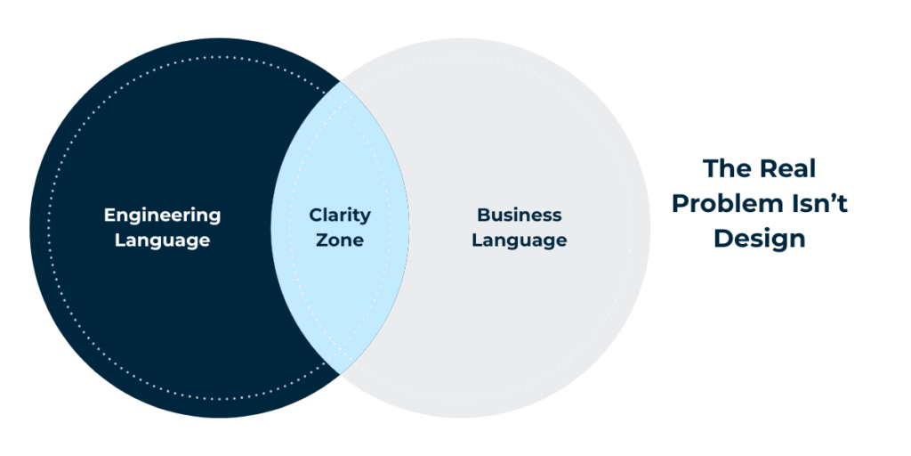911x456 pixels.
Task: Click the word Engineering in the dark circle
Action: pos(162,216)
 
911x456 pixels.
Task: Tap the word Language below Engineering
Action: pos(162,240)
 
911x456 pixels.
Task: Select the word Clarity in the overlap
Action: pos(340,216)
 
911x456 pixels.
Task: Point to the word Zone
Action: pos(340,240)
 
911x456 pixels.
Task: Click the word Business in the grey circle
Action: pos(520,216)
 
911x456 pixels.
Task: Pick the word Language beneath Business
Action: pos(520,240)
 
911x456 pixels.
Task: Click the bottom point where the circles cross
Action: pos(340,375)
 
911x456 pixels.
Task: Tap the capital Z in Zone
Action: pos(321,240)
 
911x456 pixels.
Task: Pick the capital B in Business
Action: pos(483,216)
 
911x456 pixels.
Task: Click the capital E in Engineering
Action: pos(109,216)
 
